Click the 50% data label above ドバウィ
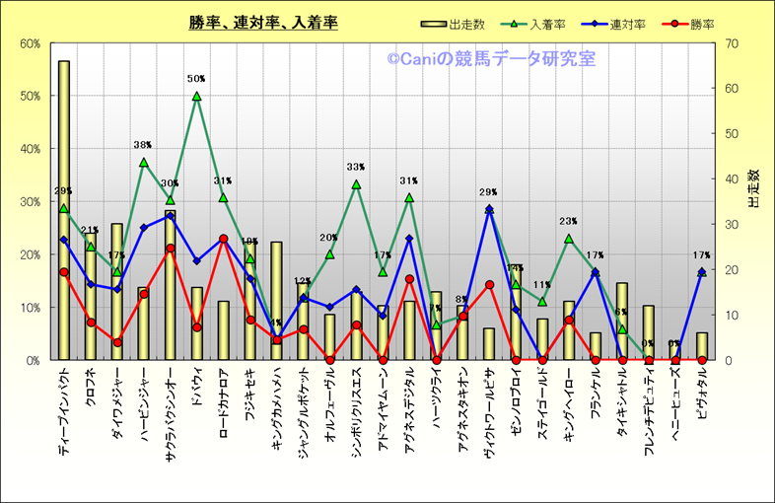(196, 79)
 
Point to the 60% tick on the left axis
(30, 43)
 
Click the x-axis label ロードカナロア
(224, 409)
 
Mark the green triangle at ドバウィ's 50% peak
(196, 96)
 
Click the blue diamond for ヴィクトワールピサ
(489, 209)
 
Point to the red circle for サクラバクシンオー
(170, 249)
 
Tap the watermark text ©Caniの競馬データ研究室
(491, 59)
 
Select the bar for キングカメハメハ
(277, 296)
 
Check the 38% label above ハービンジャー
(143, 145)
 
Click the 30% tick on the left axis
(30, 202)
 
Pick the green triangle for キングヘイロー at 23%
(569, 239)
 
